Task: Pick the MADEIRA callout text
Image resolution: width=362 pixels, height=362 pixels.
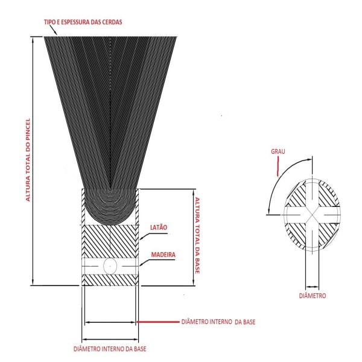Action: (163, 255)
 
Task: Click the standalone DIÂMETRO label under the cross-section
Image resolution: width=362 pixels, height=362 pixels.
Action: (313, 296)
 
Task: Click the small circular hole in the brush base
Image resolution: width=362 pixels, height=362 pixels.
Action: (110, 265)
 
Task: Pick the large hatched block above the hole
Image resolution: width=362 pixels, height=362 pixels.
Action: (111, 241)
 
